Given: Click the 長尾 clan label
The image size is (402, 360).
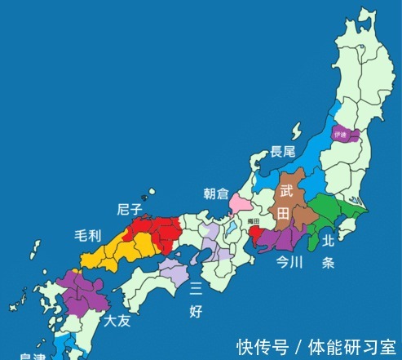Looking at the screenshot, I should (283, 151).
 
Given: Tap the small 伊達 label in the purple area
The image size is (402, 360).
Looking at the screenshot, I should (341, 132).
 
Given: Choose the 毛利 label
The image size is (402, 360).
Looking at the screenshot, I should (87, 237).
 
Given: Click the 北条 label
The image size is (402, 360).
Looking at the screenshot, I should (329, 252).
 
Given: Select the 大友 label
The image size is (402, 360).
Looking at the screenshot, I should (117, 322).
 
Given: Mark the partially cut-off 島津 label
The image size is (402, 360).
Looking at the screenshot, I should (33, 356).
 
